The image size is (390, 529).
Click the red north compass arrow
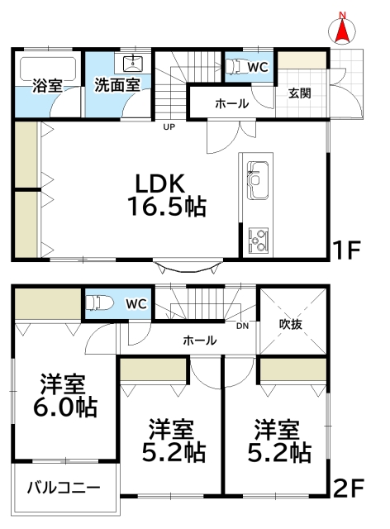coord(341,31)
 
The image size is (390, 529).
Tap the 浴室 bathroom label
coord(47,85)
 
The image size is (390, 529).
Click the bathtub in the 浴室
coord(47,68)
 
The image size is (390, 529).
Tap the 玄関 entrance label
coord(299,93)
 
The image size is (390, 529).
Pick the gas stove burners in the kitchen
coord(258,239)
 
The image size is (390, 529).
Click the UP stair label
coord(169,127)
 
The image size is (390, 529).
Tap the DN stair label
coord(241,325)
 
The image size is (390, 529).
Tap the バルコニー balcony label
coord(61,486)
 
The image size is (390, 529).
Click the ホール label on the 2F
coord(199,340)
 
